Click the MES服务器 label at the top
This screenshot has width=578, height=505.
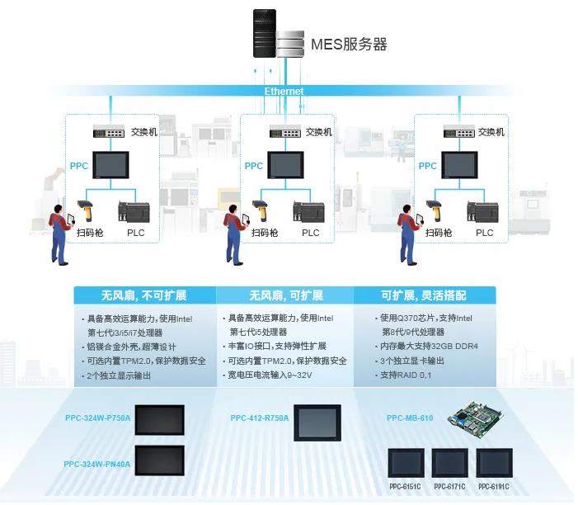click(349, 44)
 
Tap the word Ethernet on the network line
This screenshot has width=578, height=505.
click(284, 92)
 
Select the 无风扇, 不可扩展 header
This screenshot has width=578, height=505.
click(143, 295)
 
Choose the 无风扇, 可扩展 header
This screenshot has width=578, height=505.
click(286, 295)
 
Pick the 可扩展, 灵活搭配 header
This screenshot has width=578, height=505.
click(425, 295)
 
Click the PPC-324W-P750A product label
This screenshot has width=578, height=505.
click(97, 418)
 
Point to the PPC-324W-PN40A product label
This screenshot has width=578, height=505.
click(96, 464)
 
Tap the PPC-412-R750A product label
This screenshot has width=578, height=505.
click(260, 418)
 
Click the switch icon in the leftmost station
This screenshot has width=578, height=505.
click(109, 132)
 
